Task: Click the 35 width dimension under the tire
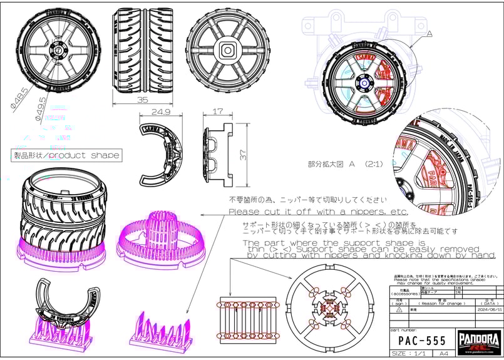(142, 99)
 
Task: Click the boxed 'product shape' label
(66, 155)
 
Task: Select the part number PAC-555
(423, 341)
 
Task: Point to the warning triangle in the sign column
(398, 309)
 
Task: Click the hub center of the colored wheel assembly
(364, 82)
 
